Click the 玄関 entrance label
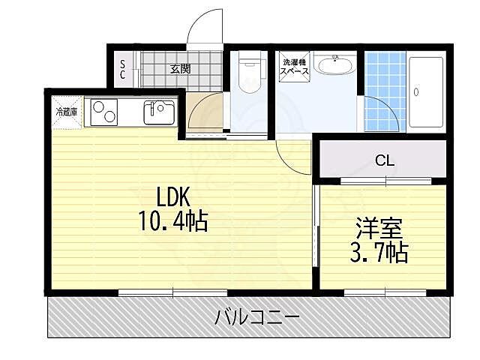pos(180,69)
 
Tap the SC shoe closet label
pos(123,70)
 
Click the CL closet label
pos(385,160)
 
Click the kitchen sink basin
pos(158,113)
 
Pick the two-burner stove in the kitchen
pos(105,113)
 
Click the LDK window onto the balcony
pos(173,291)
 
